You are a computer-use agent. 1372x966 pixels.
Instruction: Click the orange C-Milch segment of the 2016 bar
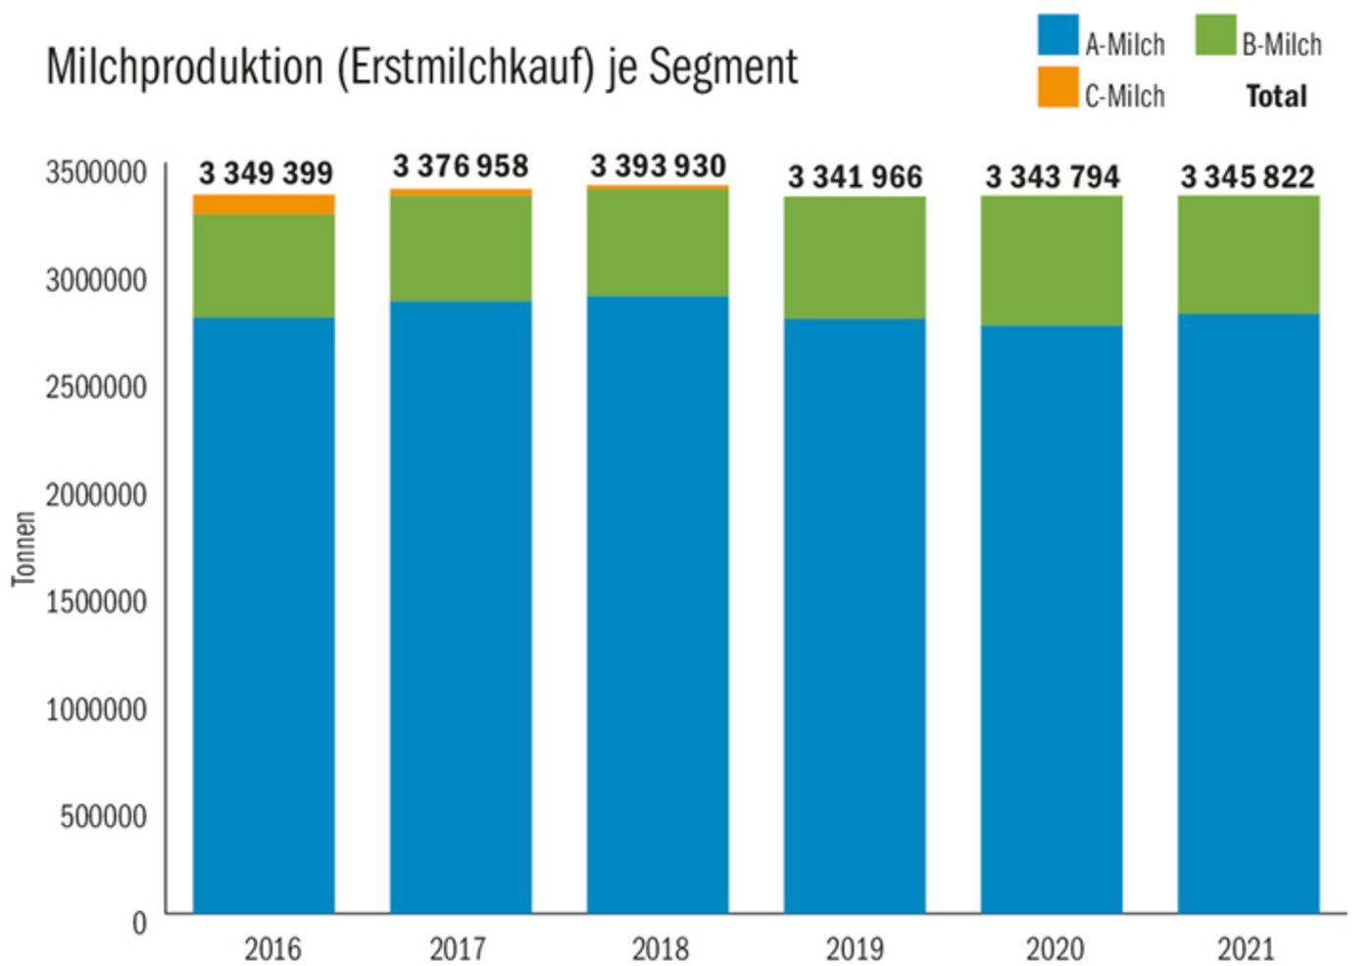point(264,205)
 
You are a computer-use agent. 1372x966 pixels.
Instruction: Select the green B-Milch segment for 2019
point(855,258)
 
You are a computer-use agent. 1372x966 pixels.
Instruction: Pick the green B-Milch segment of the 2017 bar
point(461,248)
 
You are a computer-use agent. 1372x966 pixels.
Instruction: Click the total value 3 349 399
point(266,173)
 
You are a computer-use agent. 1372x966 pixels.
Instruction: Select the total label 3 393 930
point(658,166)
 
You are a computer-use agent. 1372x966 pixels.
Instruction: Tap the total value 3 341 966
point(855,176)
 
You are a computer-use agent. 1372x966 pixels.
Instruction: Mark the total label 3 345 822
point(1248,176)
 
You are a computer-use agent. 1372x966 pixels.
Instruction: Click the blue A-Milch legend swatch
point(1058,35)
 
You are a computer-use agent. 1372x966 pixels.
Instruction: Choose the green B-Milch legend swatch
point(1215,35)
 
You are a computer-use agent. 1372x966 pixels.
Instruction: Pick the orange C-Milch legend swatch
point(1058,87)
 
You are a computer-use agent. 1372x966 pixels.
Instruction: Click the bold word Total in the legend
point(1276,96)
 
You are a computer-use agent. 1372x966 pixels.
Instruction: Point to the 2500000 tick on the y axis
point(96,387)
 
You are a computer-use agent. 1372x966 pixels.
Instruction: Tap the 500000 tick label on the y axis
point(103,815)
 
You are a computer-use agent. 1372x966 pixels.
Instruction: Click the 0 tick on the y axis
point(139,922)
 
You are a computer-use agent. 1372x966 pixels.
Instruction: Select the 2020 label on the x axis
point(1054,948)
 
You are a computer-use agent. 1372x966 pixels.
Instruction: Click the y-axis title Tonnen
point(24,549)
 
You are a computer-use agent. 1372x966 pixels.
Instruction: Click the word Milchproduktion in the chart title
point(184,68)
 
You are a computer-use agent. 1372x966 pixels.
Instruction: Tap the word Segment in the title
point(723,68)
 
